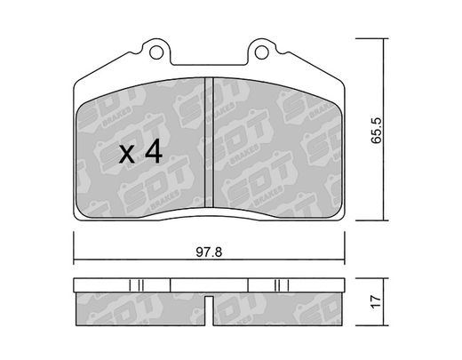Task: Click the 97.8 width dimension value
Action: click(209, 252)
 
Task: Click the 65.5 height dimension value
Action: click(377, 131)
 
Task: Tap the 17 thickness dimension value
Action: click(377, 302)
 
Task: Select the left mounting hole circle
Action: click(156, 52)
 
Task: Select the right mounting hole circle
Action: click(261, 52)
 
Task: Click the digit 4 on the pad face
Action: click(154, 151)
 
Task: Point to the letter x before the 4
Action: click(127, 155)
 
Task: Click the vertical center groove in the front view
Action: click(209, 142)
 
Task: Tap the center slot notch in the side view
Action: click(209, 311)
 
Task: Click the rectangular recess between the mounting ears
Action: click(209, 60)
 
